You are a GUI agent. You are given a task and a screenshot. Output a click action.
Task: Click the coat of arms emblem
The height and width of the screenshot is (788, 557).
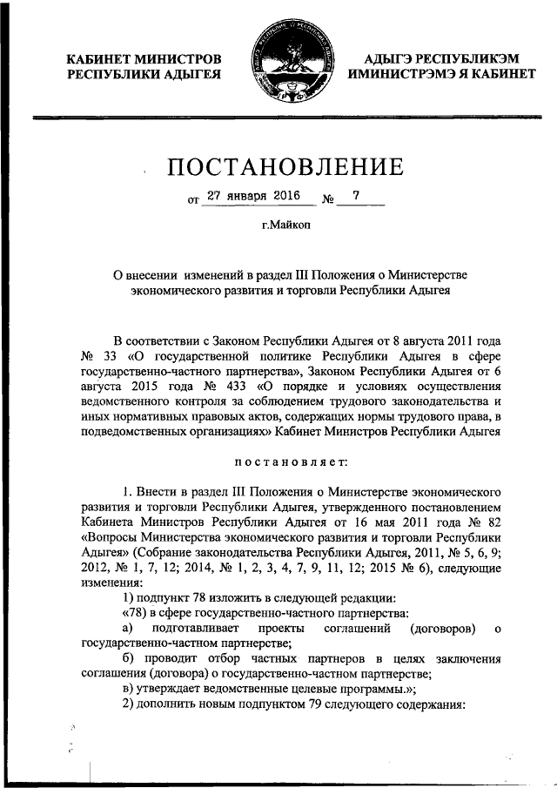pyautogui.click(x=278, y=66)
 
